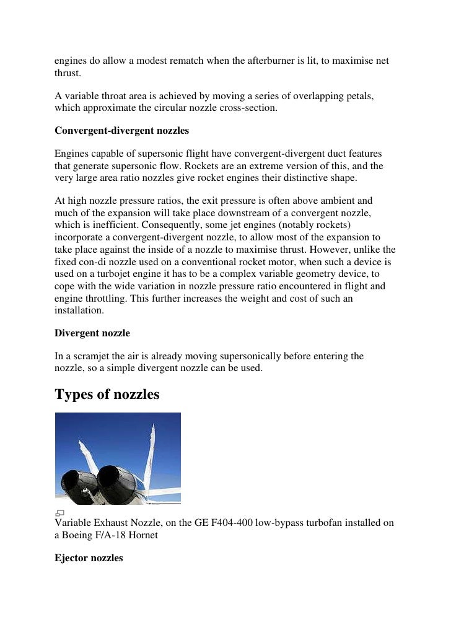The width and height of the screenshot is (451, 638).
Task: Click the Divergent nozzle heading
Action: click(x=92, y=333)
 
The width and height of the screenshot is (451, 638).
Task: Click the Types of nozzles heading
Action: click(x=107, y=394)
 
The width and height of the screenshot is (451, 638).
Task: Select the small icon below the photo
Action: click(x=59, y=513)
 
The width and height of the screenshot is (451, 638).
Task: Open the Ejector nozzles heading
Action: click(x=89, y=558)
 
